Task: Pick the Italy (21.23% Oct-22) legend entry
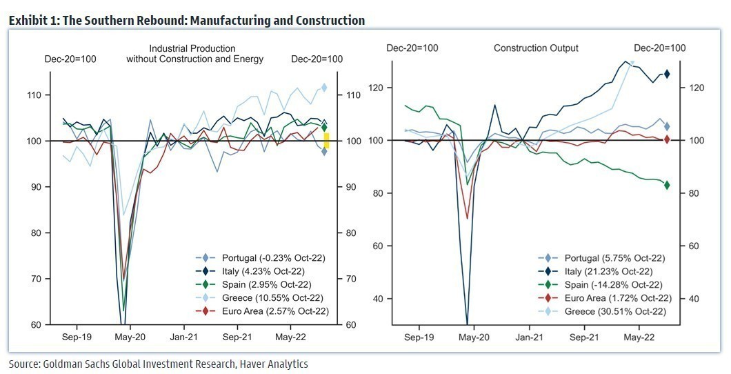click(603, 271)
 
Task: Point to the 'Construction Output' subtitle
click(536, 48)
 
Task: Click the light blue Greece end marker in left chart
click(324, 88)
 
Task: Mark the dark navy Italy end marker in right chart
click(667, 74)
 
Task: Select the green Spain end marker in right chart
click(667, 184)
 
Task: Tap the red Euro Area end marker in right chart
click(667, 139)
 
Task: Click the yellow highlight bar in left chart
click(327, 140)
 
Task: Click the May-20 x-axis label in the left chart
click(129, 338)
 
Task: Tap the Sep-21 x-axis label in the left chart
click(236, 338)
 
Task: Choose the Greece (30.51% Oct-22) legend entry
click(603, 312)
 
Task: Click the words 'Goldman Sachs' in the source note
click(72, 364)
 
